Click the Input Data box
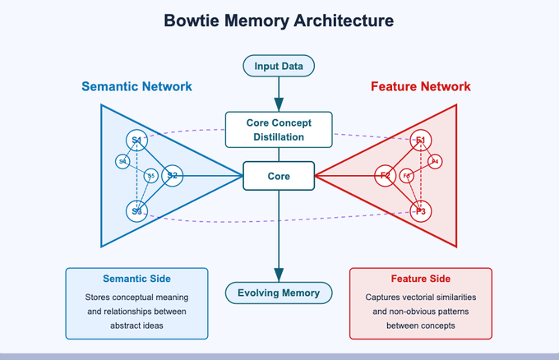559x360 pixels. (x=279, y=65)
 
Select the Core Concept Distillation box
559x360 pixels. (x=279, y=130)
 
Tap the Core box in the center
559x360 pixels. (x=279, y=176)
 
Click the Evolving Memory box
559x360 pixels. (x=279, y=293)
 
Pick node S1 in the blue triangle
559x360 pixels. (x=136, y=141)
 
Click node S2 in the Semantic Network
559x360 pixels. (x=172, y=175)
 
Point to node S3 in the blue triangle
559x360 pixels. (x=136, y=211)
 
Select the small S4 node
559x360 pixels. (x=122, y=161)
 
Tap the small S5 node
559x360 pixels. (x=150, y=175)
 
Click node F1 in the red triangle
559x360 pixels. (x=421, y=141)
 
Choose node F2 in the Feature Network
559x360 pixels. (x=385, y=175)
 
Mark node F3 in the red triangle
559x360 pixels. (x=421, y=211)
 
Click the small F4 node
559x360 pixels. (x=435, y=161)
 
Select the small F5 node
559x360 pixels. (x=406, y=175)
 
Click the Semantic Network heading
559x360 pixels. (x=136, y=86)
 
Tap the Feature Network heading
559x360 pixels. (x=420, y=86)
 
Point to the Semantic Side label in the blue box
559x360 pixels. (x=136, y=279)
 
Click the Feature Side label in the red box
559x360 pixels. (x=420, y=279)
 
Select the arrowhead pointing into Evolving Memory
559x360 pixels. (x=279, y=275)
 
